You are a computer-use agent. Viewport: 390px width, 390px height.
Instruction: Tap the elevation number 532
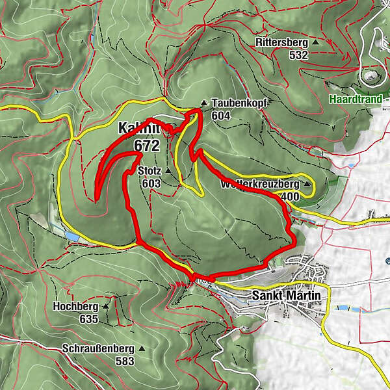tap(298, 55)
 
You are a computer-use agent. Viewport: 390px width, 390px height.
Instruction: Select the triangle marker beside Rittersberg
tap(316, 43)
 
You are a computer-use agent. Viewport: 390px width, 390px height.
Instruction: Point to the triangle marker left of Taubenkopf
tap(204, 103)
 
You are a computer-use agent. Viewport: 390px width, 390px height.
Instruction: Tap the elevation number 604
tap(220, 115)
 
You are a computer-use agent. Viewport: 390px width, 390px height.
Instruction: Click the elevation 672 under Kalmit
tap(147, 144)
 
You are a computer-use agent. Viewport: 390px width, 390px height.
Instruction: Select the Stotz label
tap(149, 171)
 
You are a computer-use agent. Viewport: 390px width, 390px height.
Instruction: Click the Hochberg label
tap(81, 305)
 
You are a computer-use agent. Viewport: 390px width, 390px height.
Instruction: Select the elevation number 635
tap(88, 318)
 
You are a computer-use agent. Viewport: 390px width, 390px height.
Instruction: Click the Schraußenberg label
tap(99, 348)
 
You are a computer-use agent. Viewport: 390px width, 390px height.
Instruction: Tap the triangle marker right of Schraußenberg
tap(141, 348)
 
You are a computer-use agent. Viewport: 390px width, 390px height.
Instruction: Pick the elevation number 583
tap(124, 361)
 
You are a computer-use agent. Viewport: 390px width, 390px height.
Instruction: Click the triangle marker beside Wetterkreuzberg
tap(306, 184)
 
